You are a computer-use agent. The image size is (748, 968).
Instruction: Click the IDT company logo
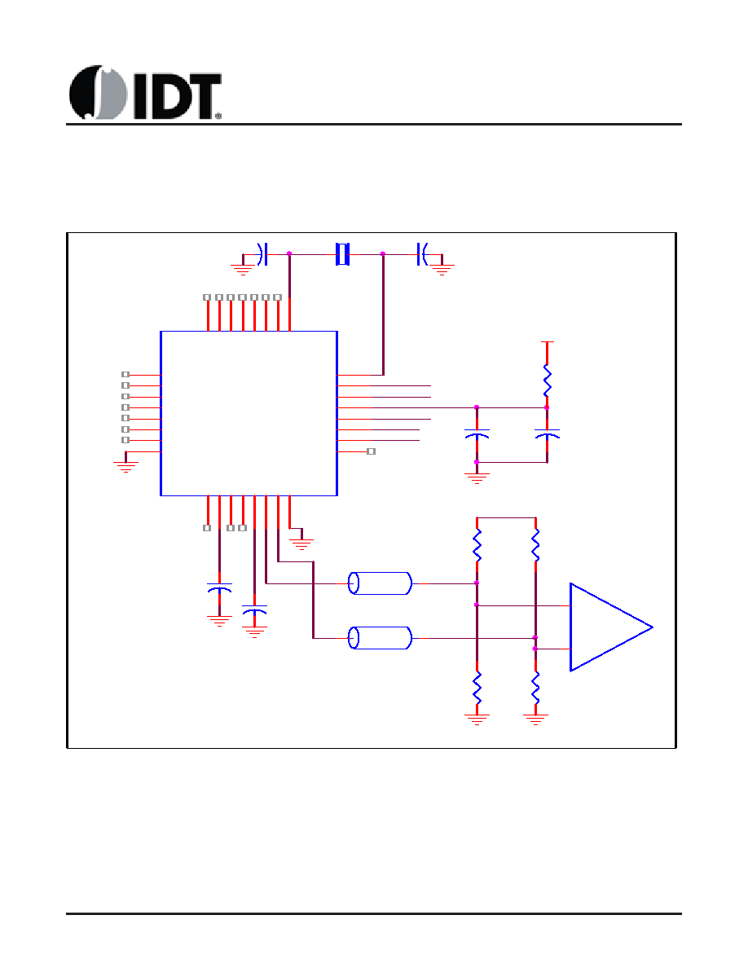click(x=145, y=93)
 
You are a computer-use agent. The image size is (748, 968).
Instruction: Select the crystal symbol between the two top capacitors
click(x=343, y=253)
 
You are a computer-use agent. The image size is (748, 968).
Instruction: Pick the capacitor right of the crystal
click(x=422, y=253)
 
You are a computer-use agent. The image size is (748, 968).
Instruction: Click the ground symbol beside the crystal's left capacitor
click(x=242, y=266)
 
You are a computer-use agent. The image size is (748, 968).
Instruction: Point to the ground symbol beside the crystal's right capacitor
click(x=442, y=266)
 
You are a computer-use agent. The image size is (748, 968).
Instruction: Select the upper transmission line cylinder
click(x=380, y=583)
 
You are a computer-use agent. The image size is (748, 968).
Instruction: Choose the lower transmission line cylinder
click(x=380, y=637)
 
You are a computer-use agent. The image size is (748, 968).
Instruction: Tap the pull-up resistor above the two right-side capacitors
click(x=547, y=378)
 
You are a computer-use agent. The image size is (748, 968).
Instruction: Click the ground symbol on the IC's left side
click(x=125, y=466)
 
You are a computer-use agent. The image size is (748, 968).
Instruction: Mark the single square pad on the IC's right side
click(x=371, y=451)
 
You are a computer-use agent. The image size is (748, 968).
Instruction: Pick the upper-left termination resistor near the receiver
click(x=477, y=543)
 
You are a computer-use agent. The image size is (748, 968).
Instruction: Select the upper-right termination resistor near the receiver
click(x=535, y=543)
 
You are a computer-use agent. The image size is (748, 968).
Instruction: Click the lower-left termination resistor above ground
click(x=477, y=689)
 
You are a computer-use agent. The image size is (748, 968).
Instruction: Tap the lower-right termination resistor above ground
click(x=535, y=689)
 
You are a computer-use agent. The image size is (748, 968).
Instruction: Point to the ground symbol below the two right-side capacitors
click(x=477, y=478)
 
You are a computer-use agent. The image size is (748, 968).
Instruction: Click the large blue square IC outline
click(x=249, y=412)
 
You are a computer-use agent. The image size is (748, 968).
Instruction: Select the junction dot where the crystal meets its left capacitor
click(x=289, y=253)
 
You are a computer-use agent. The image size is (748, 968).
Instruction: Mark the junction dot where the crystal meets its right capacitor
click(x=383, y=253)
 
